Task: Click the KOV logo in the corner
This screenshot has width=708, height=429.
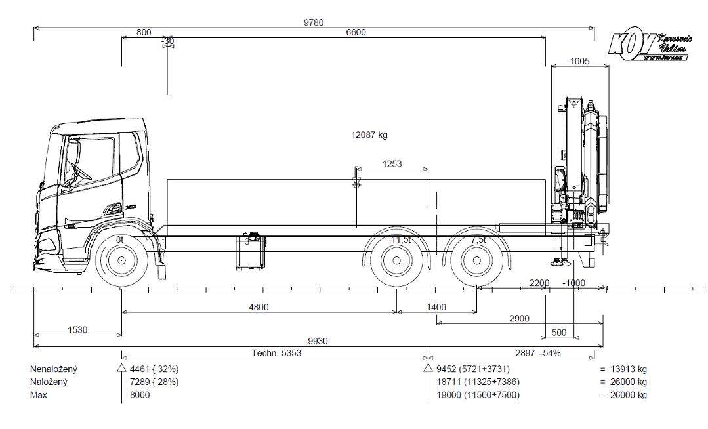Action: click(650, 47)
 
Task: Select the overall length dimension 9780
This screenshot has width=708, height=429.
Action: click(313, 22)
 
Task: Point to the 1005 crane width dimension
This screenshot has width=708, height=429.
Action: click(579, 61)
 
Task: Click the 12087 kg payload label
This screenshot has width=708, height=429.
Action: click(369, 135)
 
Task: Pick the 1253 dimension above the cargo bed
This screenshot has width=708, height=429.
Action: click(392, 163)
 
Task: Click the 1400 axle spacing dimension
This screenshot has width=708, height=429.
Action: click(436, 306)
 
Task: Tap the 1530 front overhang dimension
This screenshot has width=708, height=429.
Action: click(77, 329)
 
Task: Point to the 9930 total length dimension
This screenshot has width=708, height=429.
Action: click(319, 340)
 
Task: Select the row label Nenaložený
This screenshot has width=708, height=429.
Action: click(54, 369)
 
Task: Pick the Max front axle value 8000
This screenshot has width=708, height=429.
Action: click(140, 395)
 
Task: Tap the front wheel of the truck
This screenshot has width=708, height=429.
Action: click(122, 262)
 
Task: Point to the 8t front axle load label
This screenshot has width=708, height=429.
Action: click(120, 240)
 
